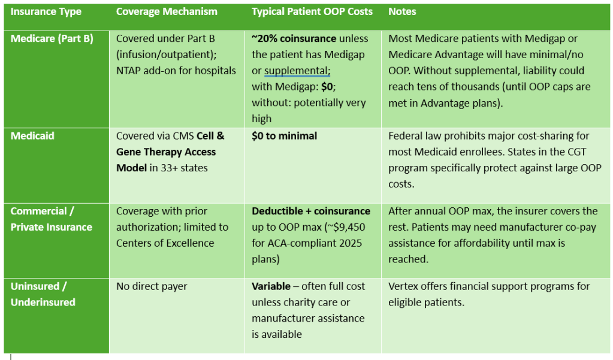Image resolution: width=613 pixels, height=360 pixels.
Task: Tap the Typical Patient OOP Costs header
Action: click(312, 12)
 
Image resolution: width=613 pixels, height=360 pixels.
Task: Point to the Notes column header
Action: click(402, 12)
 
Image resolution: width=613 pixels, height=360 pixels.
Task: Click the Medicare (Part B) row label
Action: click(52, 39)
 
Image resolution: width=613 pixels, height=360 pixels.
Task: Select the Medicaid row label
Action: click(32, 136)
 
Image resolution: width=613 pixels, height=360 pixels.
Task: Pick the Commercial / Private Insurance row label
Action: click(52, 219)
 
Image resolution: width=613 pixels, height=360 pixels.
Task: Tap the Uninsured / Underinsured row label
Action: click(43, 294)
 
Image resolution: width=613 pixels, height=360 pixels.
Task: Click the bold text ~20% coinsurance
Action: click(294, 39)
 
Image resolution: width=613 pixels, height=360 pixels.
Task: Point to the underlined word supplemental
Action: click(297, 71)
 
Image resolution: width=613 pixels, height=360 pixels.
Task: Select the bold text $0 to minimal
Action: click(285, 136)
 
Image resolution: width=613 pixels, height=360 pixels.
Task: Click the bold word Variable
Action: click(271, 286)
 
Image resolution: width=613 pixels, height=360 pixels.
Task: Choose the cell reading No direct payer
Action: click(152, 286)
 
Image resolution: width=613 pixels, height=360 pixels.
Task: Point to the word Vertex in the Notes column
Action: click(403, 286)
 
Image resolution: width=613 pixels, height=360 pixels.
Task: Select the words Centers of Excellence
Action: click(165, 243)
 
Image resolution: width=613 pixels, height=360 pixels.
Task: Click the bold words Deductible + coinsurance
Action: click(311, 211)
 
